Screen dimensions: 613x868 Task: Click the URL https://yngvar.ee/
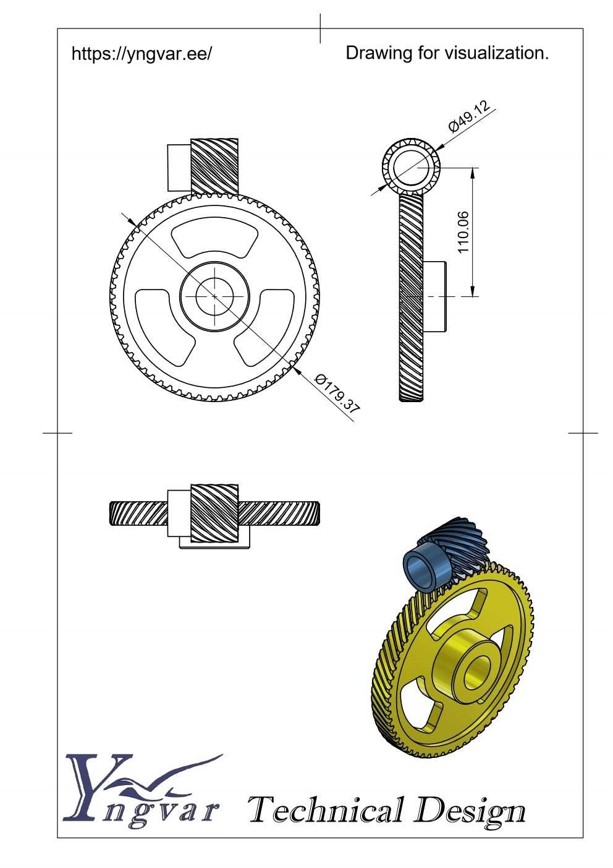coord(142,53)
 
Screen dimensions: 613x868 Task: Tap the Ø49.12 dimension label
coord(469,116)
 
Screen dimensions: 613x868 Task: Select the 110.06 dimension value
coord(463,232)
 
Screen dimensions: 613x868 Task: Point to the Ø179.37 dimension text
coord(337,397)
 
